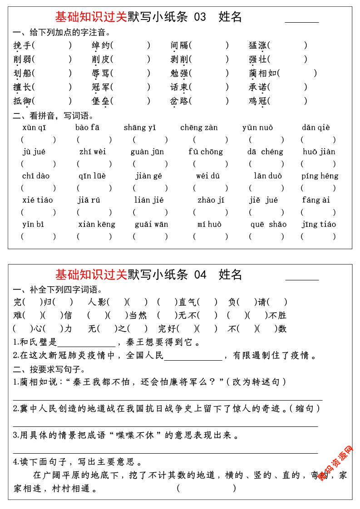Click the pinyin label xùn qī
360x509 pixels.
pyautogui.click(x=34, y=127)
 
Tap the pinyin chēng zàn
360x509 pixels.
pyautogui.click(x=199, y=127)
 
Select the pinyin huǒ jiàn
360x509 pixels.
pyautogui.click(x=319, y=152)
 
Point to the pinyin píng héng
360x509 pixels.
pyautogui.click(x=320, y=176)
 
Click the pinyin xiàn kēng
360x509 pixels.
pyautogui.click(x=97, y=224)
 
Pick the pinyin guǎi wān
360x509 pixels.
pyautogui.click(x=151, y=224)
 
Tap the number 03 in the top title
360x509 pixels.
pyautogui.click(x=200, y=17)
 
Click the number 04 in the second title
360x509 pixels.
pyautogui.click(x=200, y=274)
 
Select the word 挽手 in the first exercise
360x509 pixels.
pyautogui.click(x=22, y=45)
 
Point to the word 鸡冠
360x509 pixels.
pyautogui.click(x=257, y=101)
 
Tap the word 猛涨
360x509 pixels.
pyautogui.click(x=257, y=45)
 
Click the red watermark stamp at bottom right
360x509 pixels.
pyautogui.click(x=335, y=463)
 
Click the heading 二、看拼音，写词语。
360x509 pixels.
pyautogui.click(x=54, y=116)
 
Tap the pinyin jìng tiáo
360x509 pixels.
pyautogui.click(x=319, y=224)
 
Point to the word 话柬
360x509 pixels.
pyautogui.click(x=179, y=87)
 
